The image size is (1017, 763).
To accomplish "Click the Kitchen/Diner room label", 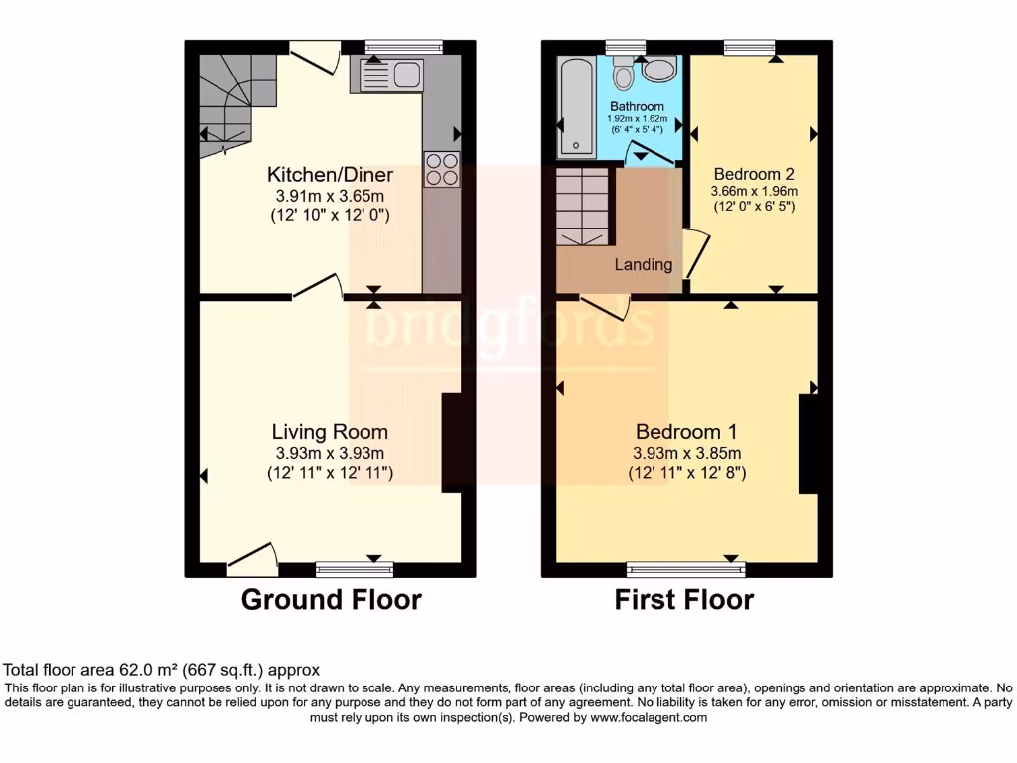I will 330,175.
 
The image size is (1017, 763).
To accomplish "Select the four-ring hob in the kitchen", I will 441,170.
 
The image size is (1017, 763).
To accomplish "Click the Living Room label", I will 330,432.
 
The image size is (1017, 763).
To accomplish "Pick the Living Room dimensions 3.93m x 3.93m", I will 330,453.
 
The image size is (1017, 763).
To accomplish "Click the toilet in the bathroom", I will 623,75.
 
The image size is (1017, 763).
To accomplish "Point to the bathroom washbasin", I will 657,71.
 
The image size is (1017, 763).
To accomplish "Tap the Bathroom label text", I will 637,106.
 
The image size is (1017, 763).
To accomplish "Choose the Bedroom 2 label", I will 754,173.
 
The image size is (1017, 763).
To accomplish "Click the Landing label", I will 643,265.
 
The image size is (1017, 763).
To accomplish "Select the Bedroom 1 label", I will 686,432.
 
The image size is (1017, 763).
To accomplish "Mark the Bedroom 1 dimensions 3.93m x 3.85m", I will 686,453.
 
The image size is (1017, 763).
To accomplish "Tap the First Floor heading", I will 683,600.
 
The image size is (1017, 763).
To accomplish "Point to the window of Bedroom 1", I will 685,569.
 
